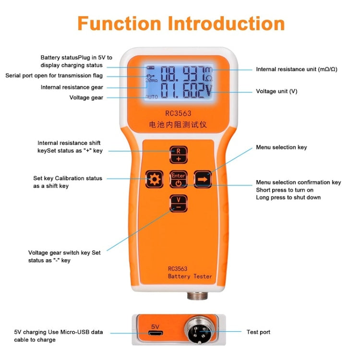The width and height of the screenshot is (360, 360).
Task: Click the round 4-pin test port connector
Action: click(200, 331)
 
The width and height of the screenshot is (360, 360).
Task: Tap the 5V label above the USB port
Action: click(155, 326)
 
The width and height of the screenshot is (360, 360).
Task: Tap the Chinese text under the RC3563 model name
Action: click(178, 125)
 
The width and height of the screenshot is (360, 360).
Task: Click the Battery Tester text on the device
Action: click(190, 276)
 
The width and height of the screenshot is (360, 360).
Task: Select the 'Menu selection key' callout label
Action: click(281, 147)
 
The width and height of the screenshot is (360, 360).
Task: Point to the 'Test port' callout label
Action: click(258, 332)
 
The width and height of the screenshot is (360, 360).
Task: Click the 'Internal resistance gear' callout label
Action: click(72, 87)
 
